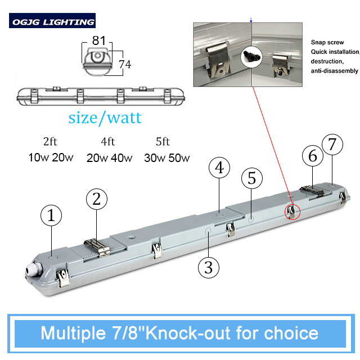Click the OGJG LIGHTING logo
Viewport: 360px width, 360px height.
52,21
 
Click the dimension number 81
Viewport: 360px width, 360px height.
99,40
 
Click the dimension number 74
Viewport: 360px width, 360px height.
125,64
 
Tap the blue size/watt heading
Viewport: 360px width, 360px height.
105,118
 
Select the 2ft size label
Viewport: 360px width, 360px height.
50,141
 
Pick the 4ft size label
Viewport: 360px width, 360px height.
108,141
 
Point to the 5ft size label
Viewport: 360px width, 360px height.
163,141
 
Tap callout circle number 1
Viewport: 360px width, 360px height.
51,215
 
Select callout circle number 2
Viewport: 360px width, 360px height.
97,199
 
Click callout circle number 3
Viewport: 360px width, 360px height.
209,268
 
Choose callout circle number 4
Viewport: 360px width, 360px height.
219,168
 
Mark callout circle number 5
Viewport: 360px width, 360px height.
252,178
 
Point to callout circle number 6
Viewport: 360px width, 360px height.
313,156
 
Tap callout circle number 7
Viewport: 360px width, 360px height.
332,145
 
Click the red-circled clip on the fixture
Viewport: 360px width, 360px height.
291,212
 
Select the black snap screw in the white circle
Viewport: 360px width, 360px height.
252,56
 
